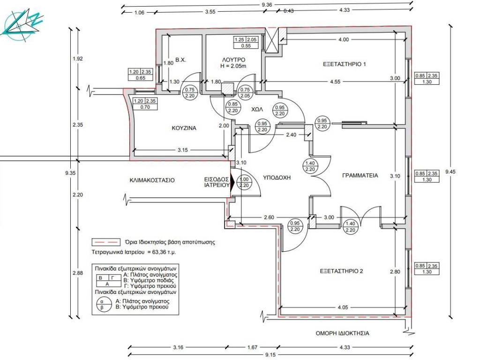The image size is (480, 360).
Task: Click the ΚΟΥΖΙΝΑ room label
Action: point(184,128)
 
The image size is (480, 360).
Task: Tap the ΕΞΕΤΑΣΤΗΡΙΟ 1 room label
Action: point(345,64)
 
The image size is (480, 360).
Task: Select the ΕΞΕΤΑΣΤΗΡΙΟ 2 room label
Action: point(341,271)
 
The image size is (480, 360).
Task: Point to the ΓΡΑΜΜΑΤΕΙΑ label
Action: point(360,175)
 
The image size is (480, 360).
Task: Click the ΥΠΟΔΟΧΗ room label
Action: point(277,178)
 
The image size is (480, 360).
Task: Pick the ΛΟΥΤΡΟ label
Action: point(233,60)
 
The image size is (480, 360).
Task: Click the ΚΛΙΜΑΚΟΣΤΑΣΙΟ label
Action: point(152,180)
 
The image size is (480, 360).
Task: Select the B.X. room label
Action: point(180,60)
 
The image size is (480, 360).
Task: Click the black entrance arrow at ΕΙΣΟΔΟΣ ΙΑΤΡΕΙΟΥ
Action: point(232,182)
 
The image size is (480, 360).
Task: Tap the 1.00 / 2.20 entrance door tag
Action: point(244,182)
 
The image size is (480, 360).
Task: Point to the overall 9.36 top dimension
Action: point(267,5)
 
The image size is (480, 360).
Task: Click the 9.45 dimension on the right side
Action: point(450,172)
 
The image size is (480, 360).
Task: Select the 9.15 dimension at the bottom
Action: point(270,355)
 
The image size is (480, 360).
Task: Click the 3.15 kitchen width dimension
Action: point(183,150)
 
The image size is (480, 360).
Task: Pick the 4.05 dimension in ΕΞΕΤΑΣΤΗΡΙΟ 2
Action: point(343,307)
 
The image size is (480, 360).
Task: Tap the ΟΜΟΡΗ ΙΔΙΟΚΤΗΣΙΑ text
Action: point(342,333)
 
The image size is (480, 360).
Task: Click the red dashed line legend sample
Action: point(105,242)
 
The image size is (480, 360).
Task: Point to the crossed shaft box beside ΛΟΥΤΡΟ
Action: point(271,40)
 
